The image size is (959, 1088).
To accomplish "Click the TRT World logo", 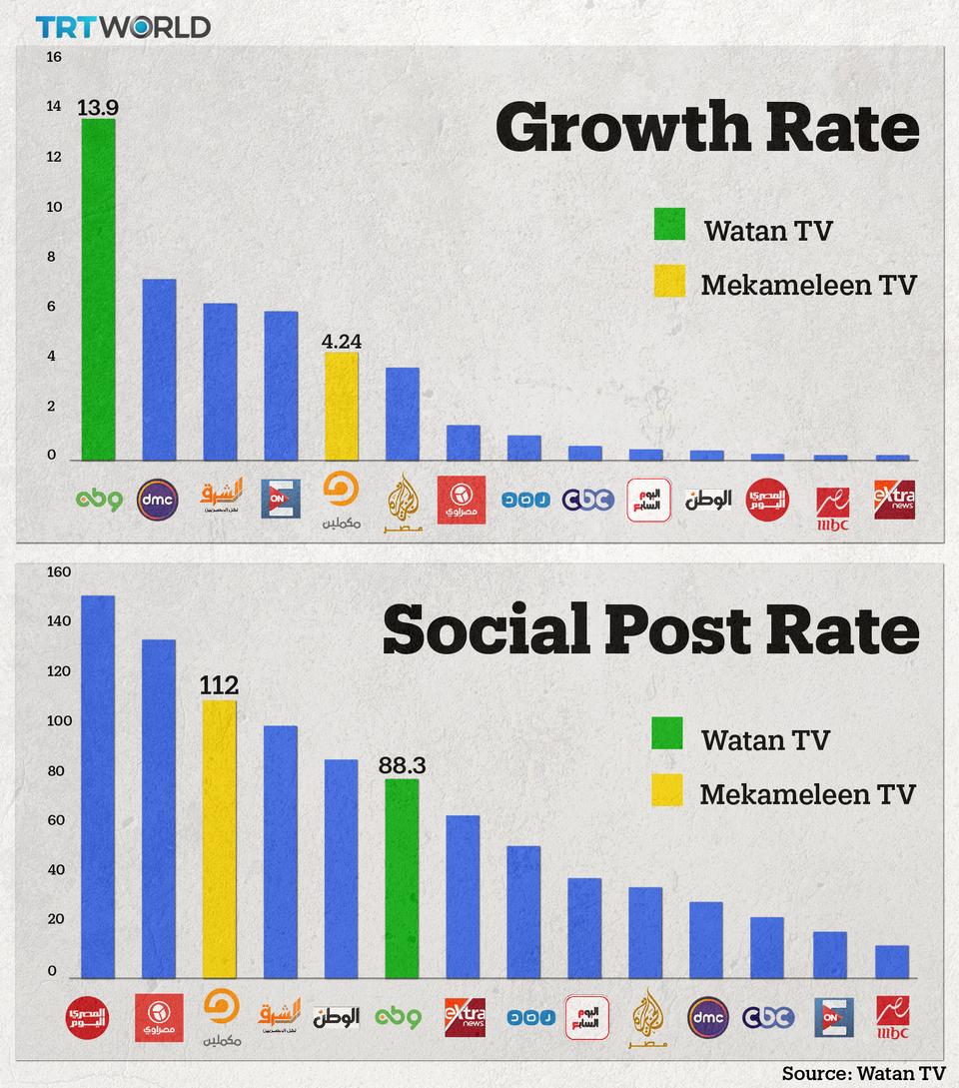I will tap(124, 27).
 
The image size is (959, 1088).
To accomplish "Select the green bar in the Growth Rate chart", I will tap(98, 290).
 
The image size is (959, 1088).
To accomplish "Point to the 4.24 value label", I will tap(342, 342).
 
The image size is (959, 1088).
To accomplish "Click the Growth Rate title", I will tap(706, 127).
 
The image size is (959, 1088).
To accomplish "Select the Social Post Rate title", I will tap(650, 630).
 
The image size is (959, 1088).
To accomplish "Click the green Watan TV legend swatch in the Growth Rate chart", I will tap(669, 225).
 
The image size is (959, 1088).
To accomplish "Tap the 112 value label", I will tap(219, 685).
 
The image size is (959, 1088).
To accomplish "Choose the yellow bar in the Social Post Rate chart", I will tap(220, 839).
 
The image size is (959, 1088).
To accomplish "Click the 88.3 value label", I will tap(402, 766).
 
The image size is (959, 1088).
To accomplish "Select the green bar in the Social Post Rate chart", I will tap(402, 878).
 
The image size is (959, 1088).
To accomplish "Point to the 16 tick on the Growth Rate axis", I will tap(54, 57).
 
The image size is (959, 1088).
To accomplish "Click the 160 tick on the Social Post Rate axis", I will tap(59, 572).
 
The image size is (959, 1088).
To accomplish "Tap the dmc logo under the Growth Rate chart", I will tap(158, 498).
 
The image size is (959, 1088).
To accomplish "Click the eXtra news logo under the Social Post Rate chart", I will tap(464, 1016).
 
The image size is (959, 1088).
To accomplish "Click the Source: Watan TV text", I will tap(863, 1072).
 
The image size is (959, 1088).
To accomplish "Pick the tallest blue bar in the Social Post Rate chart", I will tap(98, 786).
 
